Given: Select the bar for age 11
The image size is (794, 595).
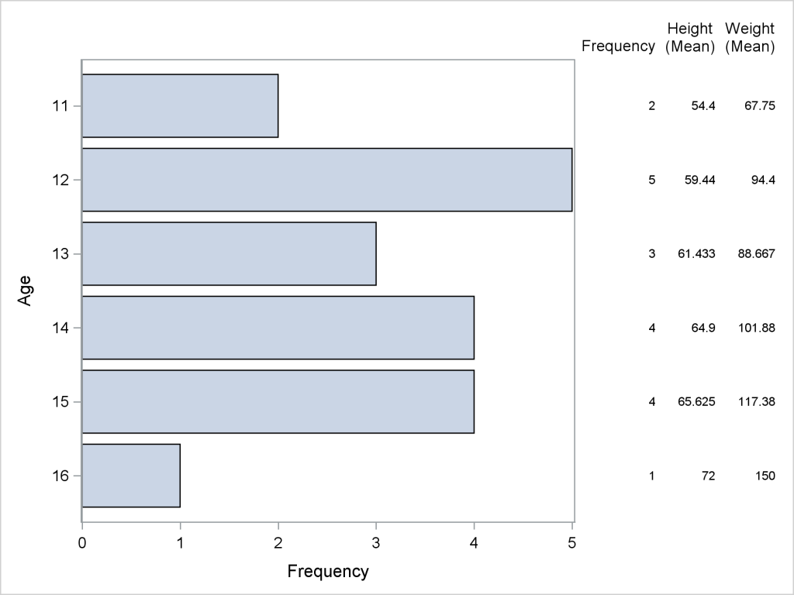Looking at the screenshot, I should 180,105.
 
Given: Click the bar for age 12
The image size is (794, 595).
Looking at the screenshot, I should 326,180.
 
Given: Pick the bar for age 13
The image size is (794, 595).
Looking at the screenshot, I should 229,253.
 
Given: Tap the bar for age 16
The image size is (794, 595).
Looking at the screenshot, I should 131,476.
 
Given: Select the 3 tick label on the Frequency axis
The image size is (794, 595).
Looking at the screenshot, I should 376,544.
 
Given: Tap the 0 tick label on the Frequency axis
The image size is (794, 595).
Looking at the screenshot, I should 82,544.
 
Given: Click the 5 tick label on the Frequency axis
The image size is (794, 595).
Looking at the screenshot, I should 572,544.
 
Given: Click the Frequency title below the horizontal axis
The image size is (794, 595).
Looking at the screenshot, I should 328,573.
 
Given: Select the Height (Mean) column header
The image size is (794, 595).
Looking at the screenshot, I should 689,38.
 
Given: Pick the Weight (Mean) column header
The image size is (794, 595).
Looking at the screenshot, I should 750,38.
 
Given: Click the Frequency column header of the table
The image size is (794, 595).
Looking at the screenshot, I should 619,46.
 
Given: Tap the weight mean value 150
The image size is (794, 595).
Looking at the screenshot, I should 764,476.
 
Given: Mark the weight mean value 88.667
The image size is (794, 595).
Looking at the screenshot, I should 756,253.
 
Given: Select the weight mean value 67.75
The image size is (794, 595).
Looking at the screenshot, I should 759,105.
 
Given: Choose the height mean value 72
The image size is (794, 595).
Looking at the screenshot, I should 708,476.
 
